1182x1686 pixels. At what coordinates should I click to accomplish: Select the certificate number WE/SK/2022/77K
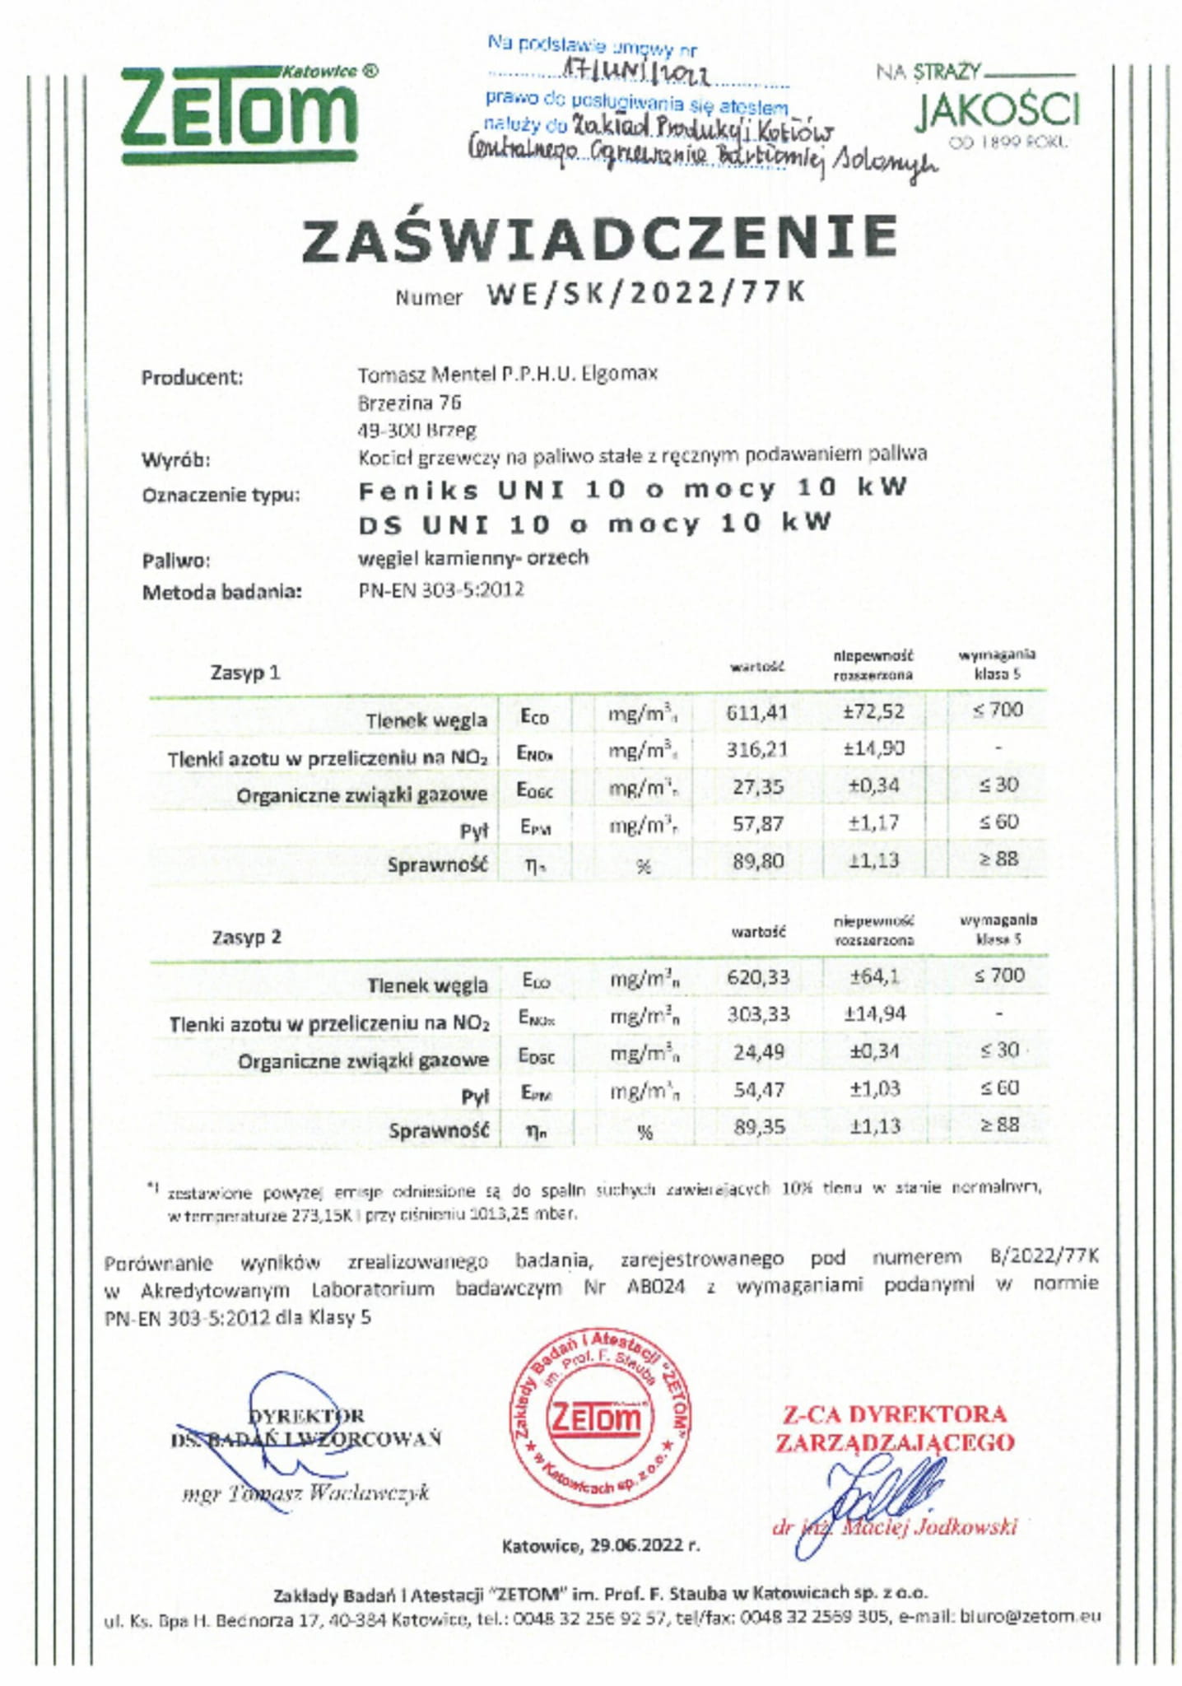(645, 293)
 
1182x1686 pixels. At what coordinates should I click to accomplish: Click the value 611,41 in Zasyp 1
(756, 711)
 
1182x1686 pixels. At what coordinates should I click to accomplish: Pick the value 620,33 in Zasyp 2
(757, 977)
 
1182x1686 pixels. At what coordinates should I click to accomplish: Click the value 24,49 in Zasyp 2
(759, 1052)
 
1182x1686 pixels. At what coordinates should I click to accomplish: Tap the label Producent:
(192, 378)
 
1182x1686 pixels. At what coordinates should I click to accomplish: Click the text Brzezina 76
(409, 403)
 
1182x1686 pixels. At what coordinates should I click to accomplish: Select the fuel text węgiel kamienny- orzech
(473, 557)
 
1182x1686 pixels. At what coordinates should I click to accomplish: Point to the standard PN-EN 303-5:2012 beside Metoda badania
(441, 589)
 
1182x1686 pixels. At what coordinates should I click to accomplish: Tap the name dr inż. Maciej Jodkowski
(896, 1528)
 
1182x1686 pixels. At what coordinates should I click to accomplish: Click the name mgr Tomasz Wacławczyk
(305, 1493)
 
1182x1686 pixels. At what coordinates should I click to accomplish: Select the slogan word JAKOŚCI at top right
(996, 112)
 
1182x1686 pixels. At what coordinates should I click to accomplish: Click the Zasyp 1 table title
(245, 673)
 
